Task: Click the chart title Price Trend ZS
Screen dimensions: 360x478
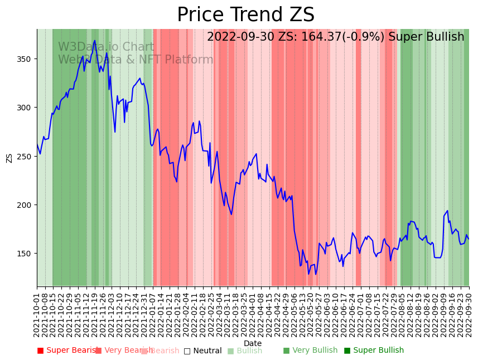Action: coord(245,15)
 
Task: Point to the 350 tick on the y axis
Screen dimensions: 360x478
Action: coord(26,59)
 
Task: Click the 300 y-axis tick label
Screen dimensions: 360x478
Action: coord(26,108)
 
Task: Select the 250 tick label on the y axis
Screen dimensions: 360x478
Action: coord(26,156)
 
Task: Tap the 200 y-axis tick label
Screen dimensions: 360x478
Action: coord(26,205)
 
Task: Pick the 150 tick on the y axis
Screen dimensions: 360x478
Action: coord(26,254)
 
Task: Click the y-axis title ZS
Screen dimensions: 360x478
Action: coord(9,158)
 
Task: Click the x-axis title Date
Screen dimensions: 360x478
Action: coord(253,343)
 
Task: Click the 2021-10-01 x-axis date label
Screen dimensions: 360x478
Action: coord(37,313)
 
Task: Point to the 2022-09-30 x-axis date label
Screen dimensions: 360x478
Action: coord(469,313)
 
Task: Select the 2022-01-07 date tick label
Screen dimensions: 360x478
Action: coord(152,313)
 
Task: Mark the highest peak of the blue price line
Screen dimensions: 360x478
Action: coord(95,41)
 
